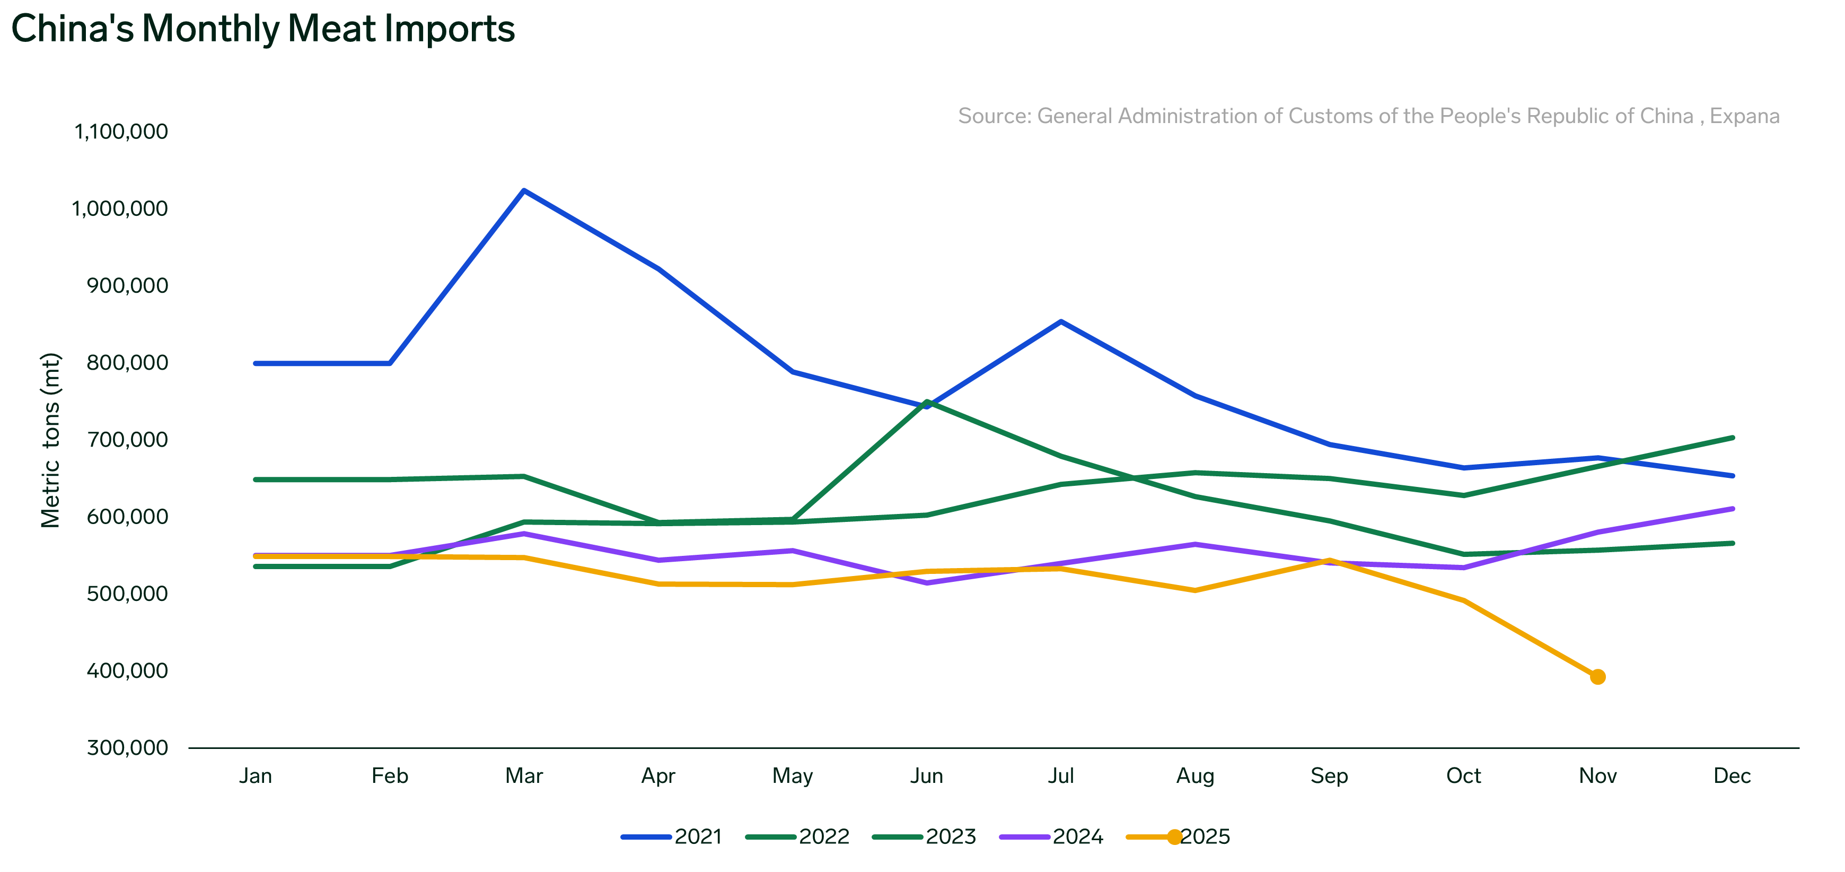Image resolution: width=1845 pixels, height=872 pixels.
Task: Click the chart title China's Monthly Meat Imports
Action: (263, 29)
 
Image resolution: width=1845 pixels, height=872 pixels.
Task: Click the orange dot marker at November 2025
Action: (1597, 676)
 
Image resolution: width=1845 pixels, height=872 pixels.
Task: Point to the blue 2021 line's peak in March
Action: (524, 190)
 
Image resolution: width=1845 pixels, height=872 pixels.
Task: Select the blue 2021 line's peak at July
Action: (1061, 322)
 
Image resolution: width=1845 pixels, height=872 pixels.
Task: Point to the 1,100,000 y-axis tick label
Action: (121, 132)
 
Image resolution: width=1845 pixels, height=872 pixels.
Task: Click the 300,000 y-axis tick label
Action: (127, 747)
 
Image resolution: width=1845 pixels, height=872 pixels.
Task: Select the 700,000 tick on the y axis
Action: (127, 439)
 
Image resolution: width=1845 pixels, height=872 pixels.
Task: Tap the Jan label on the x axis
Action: (255, 775)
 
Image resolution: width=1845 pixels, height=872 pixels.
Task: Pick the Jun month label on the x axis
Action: (926, 775)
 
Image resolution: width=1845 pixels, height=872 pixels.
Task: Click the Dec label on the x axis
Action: (1732, 775)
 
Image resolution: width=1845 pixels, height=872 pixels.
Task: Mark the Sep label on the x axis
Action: (1329, 775)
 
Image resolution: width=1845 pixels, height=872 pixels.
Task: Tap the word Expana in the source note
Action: (1744, 116)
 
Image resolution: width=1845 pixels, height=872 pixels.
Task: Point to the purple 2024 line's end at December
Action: (1732, 509)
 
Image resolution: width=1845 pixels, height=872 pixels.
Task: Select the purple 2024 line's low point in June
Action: (927, 582)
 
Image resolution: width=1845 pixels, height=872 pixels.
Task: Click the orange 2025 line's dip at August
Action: (1194, 590)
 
